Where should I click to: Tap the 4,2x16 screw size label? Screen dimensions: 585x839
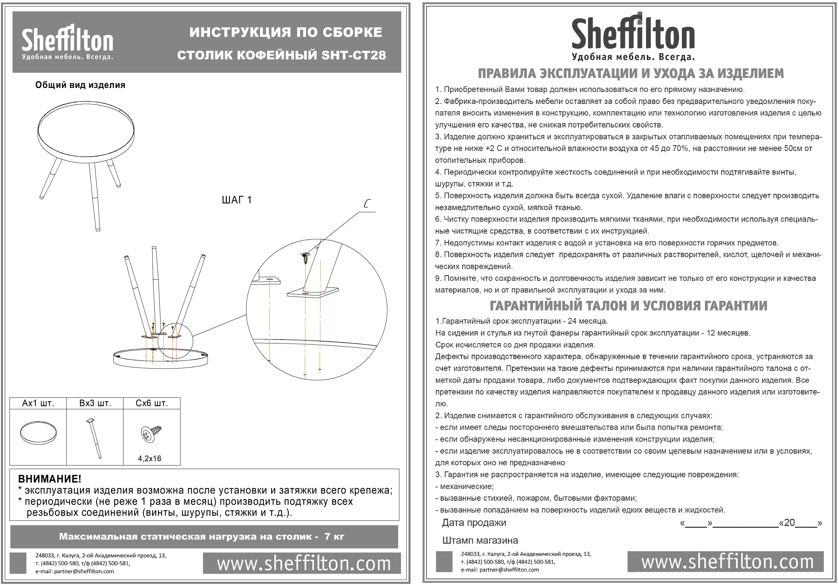(x=149, y=458)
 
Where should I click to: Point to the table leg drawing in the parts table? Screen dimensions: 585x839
(x=95, y=438)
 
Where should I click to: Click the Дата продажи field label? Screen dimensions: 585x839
(x=474, y=523)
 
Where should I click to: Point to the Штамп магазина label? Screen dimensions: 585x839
(x=480, y=540)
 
